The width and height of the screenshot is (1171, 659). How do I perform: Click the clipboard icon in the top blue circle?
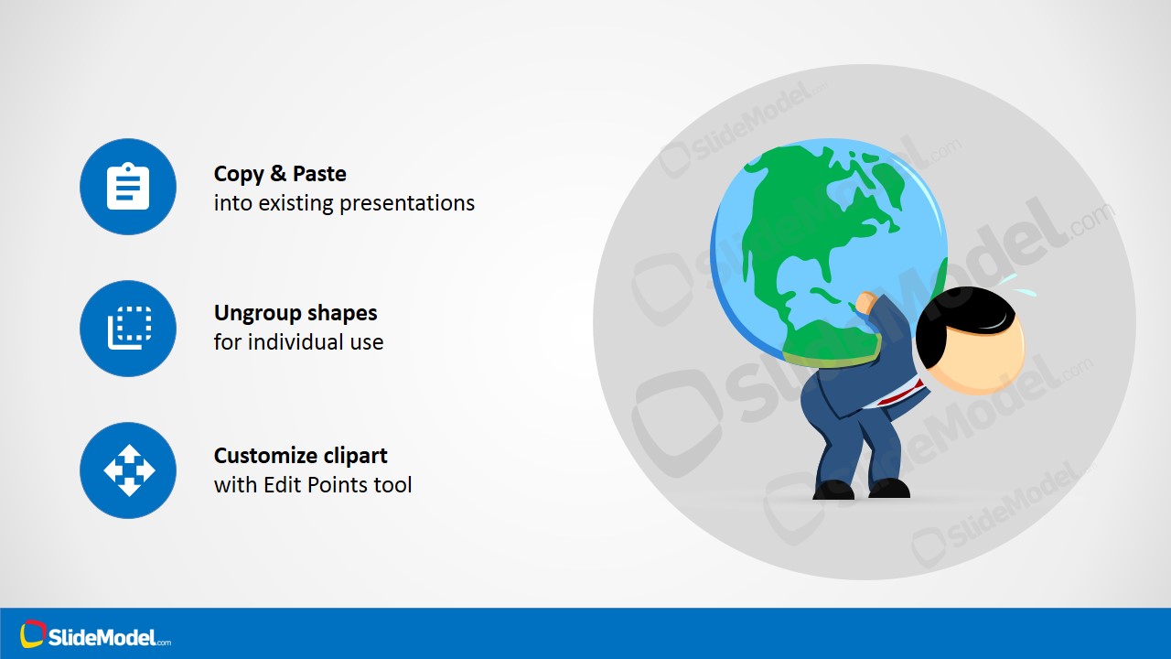(x=128, y=187)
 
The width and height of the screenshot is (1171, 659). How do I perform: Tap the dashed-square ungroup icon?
(x=128, y=329)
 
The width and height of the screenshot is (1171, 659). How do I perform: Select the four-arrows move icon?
(x=128, y=470)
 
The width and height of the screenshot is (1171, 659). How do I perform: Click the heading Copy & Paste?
(x=280, y=174)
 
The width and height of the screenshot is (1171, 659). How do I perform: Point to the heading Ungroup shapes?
(x=295, y=313)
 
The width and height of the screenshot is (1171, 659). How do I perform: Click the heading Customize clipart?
(x=300, y=456)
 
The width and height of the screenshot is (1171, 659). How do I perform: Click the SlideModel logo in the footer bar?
(x=96, y=635)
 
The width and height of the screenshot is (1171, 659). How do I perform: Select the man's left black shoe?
(x=833, y=491)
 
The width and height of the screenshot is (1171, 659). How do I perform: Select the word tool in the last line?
(x=394, y=485)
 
